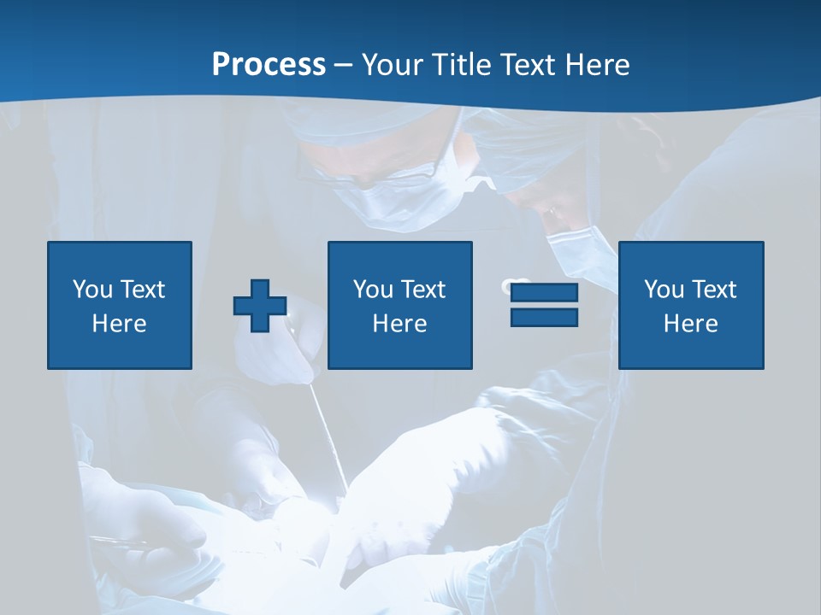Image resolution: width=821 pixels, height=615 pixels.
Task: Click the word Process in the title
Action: pyautogui.click(x=269, y=65)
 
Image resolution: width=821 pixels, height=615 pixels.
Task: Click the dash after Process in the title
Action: pyautogui.click(x=343, y=66)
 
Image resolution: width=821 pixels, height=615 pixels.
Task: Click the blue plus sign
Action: pyautogui.click(x=260, y=306)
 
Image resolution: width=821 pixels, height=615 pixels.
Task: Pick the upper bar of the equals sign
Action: pyautogui.click(x=544, y=293)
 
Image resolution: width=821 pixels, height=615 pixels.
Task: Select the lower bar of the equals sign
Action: pyautogui.click(x=544, y=318)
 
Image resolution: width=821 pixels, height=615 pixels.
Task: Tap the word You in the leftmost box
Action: pyautogui.click(x=92, y=290)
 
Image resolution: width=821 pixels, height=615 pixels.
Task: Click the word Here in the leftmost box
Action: pyautogui.click(x=119, y=324)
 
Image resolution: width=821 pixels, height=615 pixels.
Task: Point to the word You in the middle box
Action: pyautogui.click(x=373, y=290)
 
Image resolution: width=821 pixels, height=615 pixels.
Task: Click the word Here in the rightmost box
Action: pyautogui.click(x=690, y=324)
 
